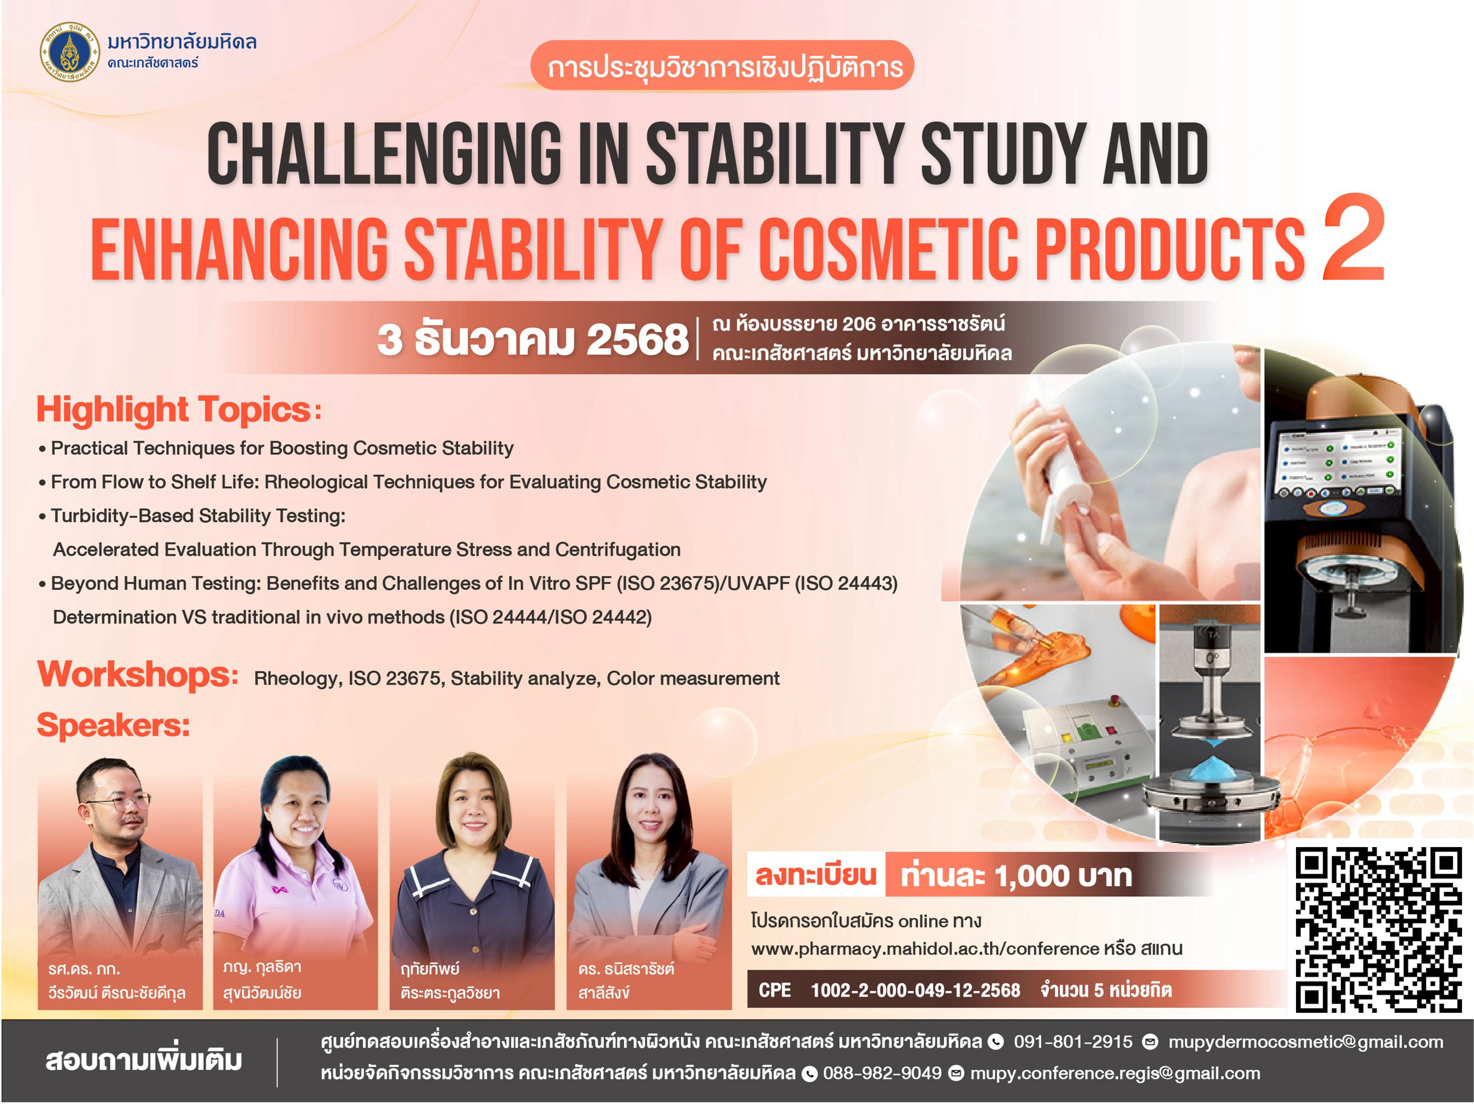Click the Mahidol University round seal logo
click(x=70, y=51)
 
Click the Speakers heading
click(x=113, y=725)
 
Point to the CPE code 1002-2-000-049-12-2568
click(x=915, y=990)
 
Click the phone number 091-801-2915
click(x=1073, y=1042)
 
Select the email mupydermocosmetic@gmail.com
click(x=1305, y=1042)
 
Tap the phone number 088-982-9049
click(x=882, y=1073)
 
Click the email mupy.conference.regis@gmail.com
click(x=1115, y=1073)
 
